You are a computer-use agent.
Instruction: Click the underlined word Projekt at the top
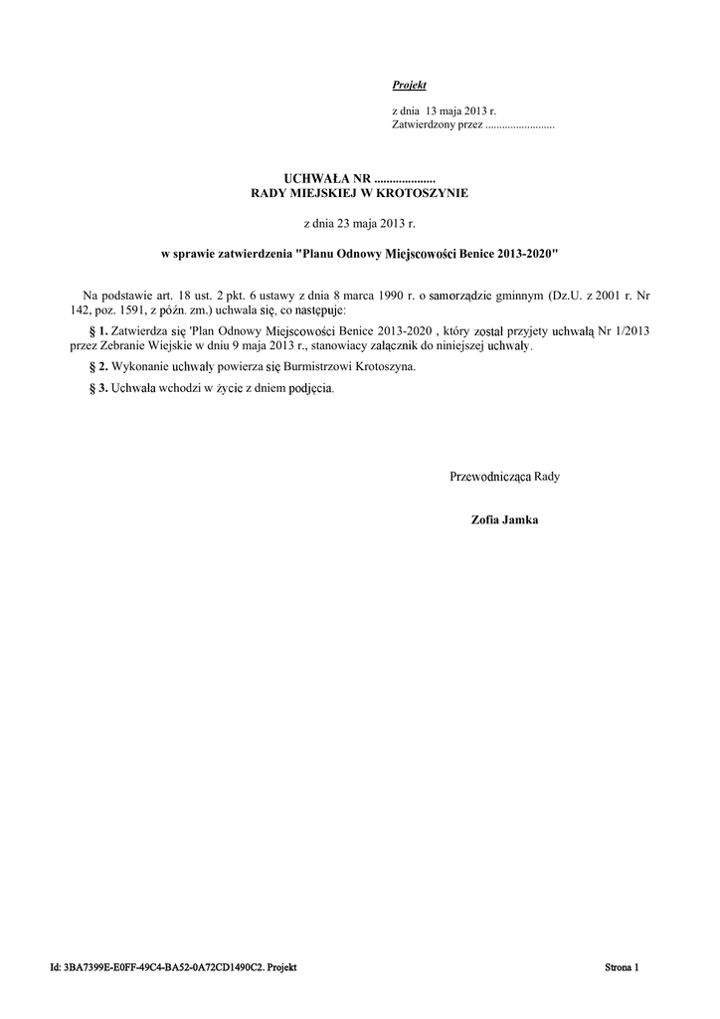click(x=409, y=86)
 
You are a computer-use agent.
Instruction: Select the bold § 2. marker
click(x=98, y=367)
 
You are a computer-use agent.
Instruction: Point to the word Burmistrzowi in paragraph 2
click(x=306, y=367)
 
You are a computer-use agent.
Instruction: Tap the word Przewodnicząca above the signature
click(x=489, y=477)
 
